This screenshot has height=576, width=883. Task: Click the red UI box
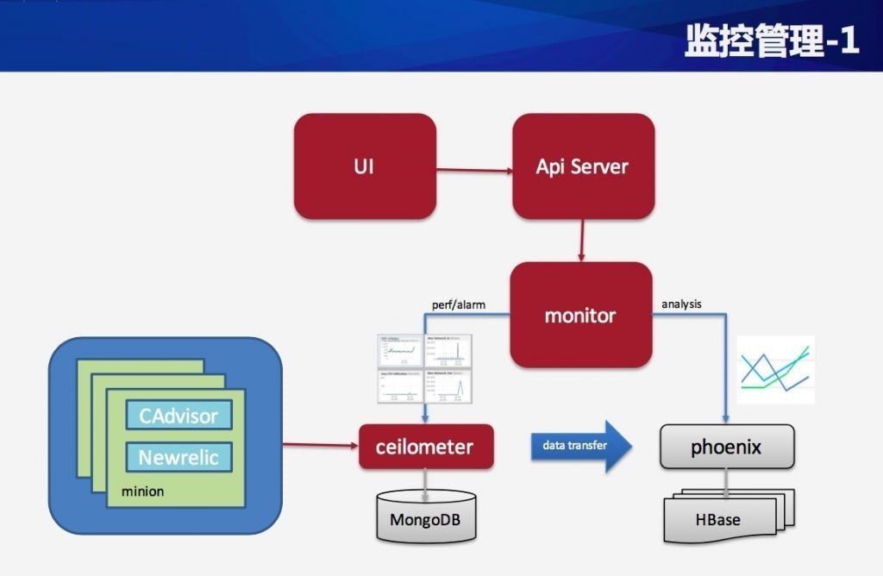pyautogui.click(x=364, y=166)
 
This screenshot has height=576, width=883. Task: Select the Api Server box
pyautogui.click(x=582, y=166)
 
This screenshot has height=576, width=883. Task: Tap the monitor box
pyautogui.click(x=580, y=315)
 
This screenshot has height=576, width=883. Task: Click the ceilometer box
pyautogui.click(x=426, y=447)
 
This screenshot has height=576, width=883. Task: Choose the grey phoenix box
pyautogui.click(x=726, y=448)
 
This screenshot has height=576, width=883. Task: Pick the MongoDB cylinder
pyautogui.click(x=426, y=518)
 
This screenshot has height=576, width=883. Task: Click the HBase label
pyautogui.click(x=717, y=519)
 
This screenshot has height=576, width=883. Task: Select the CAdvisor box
pyautogui.click(x=179, y=416)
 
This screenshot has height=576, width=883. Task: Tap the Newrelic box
pyautogui.click(x=179, y=456)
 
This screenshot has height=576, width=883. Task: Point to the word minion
pyautogui.click(x=142, y=491)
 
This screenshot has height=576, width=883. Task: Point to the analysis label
pyautogui.click(x=681, y=304)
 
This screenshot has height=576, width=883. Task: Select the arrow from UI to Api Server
pyautogui.click(x=473, y=170)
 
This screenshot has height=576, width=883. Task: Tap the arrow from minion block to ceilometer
pyautogui.click(x=320, y=445)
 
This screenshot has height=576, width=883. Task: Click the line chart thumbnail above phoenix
pyautogui.click(x=776, y=369)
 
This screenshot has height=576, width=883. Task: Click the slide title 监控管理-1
pyautogui.click(x=772, y=41)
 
